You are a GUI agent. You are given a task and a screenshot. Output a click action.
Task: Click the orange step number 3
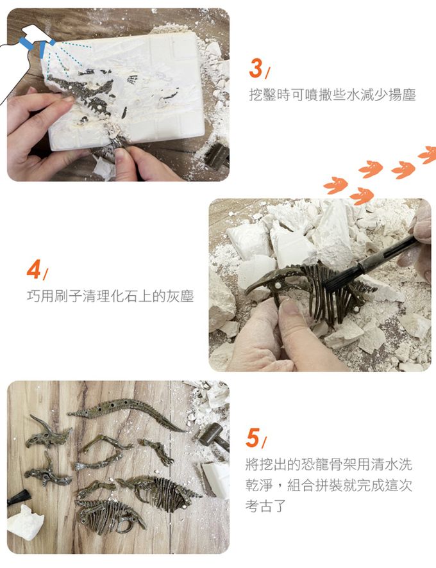click(256, 68)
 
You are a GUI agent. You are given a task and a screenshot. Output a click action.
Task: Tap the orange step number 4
click(33, 270)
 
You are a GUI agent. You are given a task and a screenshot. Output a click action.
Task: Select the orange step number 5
click(253, 437)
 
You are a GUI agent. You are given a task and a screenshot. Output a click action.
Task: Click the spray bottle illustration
click(22, 58)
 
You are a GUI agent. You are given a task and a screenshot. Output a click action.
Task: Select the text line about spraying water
click(332, 95)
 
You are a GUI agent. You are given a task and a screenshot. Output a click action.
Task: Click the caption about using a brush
click(110, 296)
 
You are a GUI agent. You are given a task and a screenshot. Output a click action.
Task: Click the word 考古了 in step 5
click(265, 506)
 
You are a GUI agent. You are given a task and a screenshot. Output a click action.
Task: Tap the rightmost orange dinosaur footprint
click(427, 154)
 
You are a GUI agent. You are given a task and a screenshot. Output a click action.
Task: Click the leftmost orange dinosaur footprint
click(335, 186)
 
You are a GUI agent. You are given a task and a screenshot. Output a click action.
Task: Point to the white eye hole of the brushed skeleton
click(278, 286)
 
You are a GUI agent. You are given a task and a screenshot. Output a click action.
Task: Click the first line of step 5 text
click(329, 464)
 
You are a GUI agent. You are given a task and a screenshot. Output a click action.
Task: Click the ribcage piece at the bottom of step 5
click(109, 516)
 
